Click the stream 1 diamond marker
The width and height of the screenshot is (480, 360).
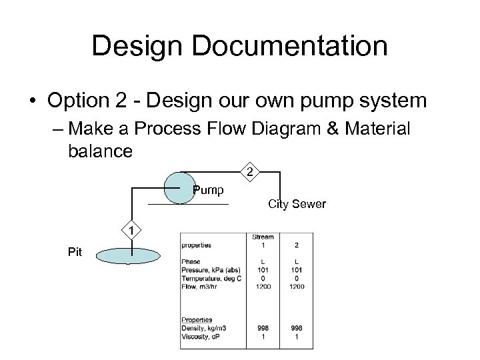[132, 231]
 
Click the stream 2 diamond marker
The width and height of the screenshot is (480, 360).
[249, 174]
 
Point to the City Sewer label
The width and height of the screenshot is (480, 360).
[297, 204]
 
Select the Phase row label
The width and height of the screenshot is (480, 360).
[191, 262]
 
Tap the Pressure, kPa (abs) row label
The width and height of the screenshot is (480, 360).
[208, 271]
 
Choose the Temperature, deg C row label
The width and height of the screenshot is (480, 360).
[211, 279]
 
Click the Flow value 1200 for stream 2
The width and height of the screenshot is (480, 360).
[297, 287]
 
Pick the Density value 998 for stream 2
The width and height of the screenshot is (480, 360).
[297, 328]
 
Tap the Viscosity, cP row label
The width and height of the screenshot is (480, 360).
[199, 336]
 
